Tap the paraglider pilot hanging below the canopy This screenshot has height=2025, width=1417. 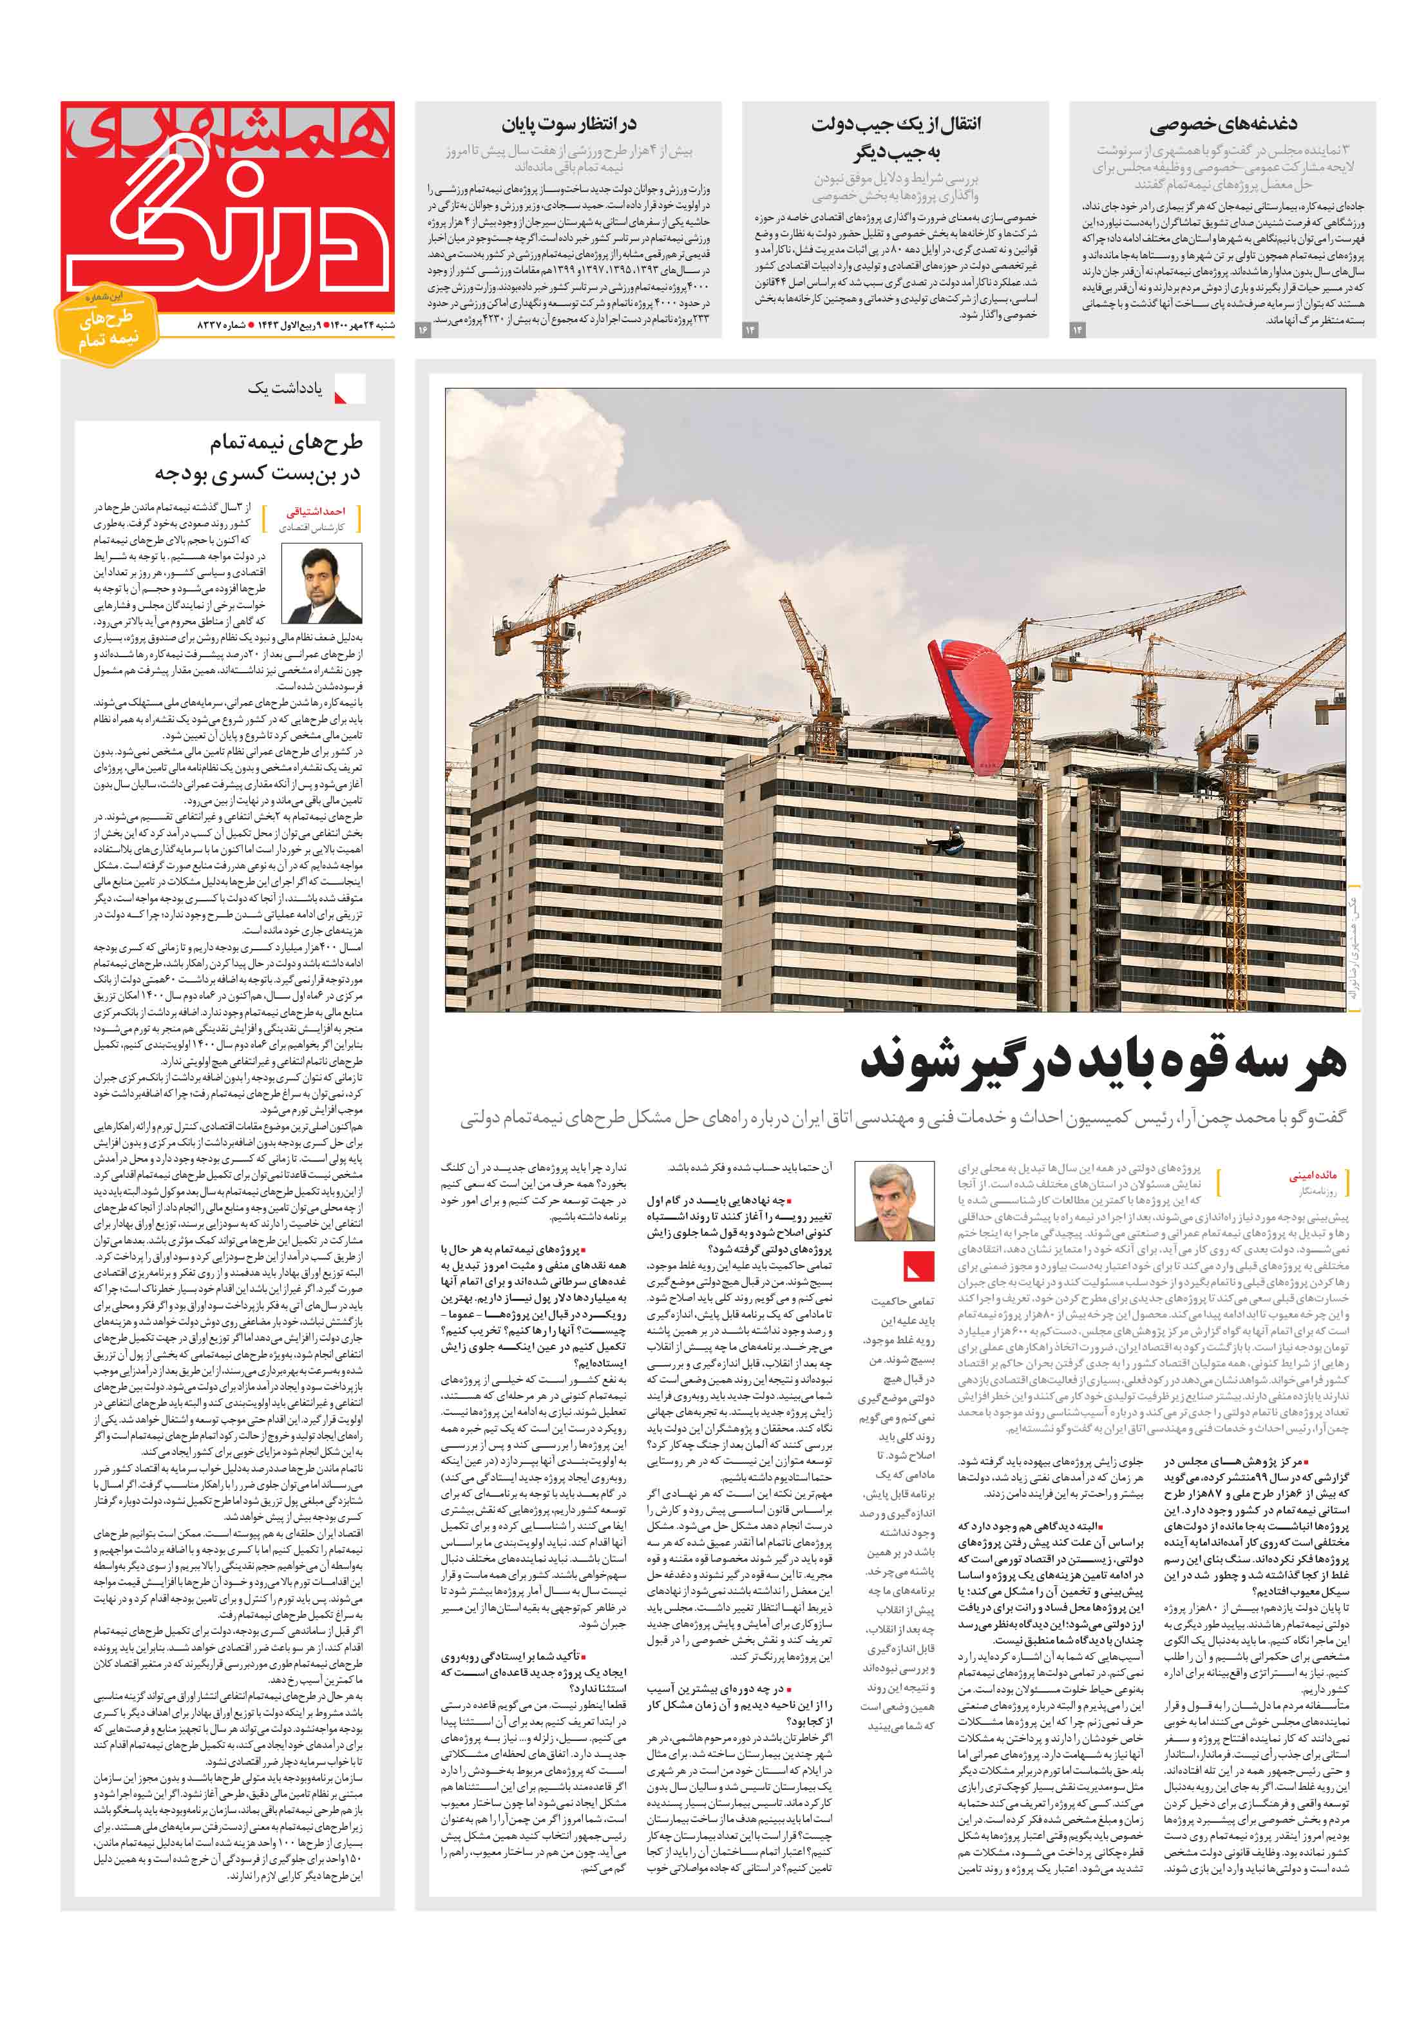click(x=953, y=837)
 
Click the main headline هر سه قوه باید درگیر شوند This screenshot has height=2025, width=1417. click(x=1102, y=1062)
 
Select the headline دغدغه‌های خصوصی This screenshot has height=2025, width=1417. click(x=1222, y=124)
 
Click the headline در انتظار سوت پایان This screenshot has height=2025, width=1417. click(x=569, y=124)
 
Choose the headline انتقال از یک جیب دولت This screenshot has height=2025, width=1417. click(x=895, y=138)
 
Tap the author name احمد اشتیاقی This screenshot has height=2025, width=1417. click(x=316, y=512)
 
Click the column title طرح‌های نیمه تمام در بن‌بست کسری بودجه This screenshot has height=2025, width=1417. click(x=259, y=457)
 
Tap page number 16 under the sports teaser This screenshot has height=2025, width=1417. click(x=423, y=330)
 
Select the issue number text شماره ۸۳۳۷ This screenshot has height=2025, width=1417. click(x=222, y=326)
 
